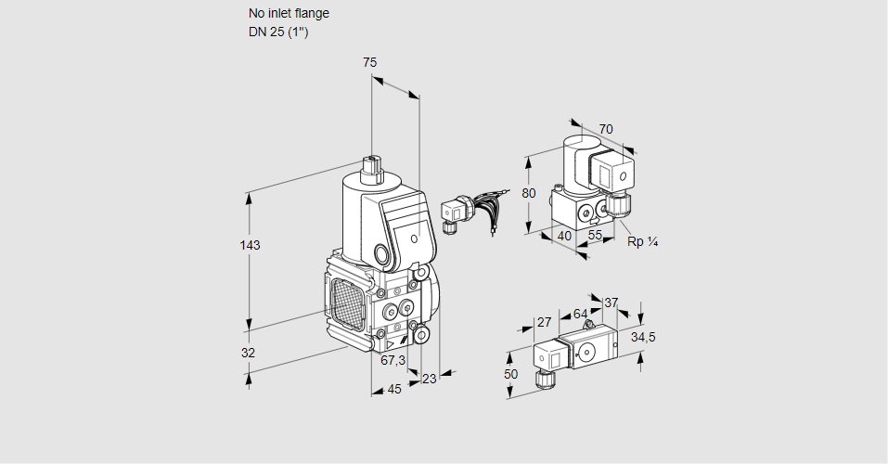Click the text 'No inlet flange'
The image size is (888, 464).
tap(289, 14)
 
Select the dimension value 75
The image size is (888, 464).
tap(369, 62)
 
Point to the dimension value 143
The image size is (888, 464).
tap(250, 245)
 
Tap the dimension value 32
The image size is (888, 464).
tap(248, 353)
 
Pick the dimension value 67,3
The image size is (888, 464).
tap(393, 360)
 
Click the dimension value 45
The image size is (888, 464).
tap(394, 389)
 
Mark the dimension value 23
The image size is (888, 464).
tap(429, 378)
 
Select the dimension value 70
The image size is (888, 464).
tap(606, 129)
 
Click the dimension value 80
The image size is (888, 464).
tap(529, 193)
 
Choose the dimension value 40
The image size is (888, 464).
tap(564, 236)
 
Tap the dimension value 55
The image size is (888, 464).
tap(596, 236)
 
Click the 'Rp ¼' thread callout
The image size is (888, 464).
tap(642, 242)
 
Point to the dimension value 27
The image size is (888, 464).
tap(545, 322)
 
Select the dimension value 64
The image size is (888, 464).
tap(580, 314)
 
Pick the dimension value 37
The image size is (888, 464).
tap(611, 303)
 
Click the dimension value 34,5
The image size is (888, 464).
tap(644, 337)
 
